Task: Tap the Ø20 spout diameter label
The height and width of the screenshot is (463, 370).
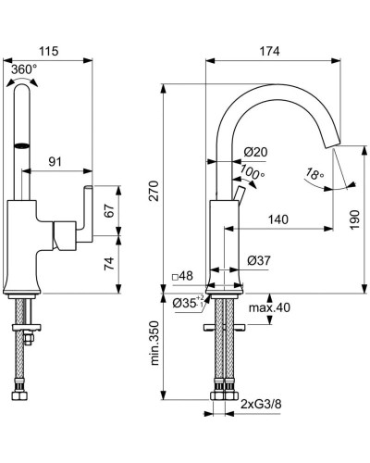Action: (256, 153)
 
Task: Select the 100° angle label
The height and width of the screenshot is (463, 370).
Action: (252, 173)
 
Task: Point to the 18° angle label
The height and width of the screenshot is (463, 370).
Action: (314, 173)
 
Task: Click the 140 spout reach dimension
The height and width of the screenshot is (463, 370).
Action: (276, 220)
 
